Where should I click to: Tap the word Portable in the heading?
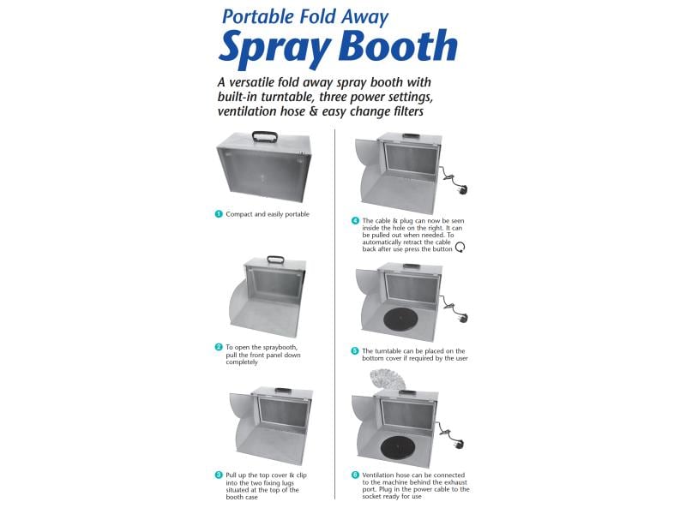pyautogui.click(x=258, y=17)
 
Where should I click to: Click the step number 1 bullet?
pyautogui.click(x=219, y=213)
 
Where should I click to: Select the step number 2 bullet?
pyautogui.click(x=219, y=347)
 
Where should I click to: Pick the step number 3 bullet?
pyautogui.click(x=219, y=475)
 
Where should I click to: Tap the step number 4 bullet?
pyautogui.click(x=355, y=221)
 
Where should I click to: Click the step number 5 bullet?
pyautogui.click(x=355, y=351)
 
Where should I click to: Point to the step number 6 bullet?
pyautogui.click(x=355, y=475)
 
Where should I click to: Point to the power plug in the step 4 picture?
pyautogui.click(x=462, y=190)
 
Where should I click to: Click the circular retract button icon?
pyautogui.click(x=460, y=248)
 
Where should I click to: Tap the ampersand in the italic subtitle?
pyautogui.click(x=313, y=111)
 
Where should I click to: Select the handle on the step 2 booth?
pyautogui.click(x=275, y=260)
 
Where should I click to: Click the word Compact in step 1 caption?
pyautogui.click(x=239, y=214)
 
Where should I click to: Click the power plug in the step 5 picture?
pyautogui.click(x=463, y=317)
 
